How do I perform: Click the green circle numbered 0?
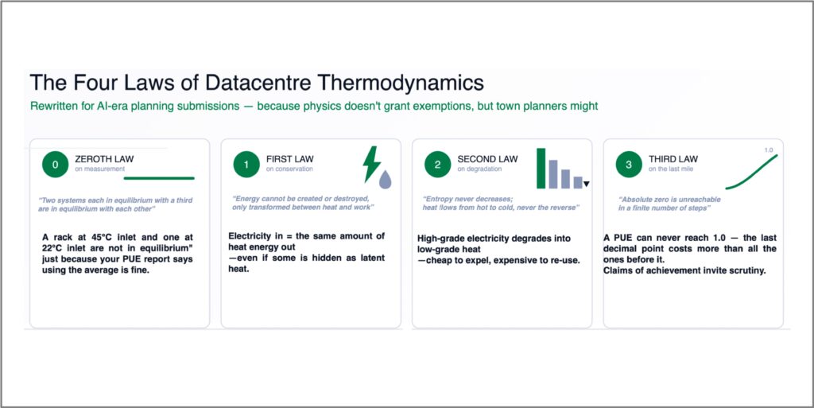[56, 165]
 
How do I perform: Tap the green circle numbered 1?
[246, 165]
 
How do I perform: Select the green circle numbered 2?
[438, 165]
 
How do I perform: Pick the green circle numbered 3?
[630, 165]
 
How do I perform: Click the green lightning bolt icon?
[371, 164]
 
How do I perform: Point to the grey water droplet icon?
[386, 179]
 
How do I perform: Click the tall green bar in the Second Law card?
[541, 168]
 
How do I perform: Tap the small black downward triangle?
[587, 184]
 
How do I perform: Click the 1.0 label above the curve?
[769, 150]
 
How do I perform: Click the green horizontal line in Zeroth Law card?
[159, 178]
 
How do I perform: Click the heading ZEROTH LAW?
[104, 159]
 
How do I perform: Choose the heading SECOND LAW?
[487, 159]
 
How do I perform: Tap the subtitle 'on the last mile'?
[671, 169]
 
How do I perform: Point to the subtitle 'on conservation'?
[289, 169]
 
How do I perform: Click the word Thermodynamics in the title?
[401, 83]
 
